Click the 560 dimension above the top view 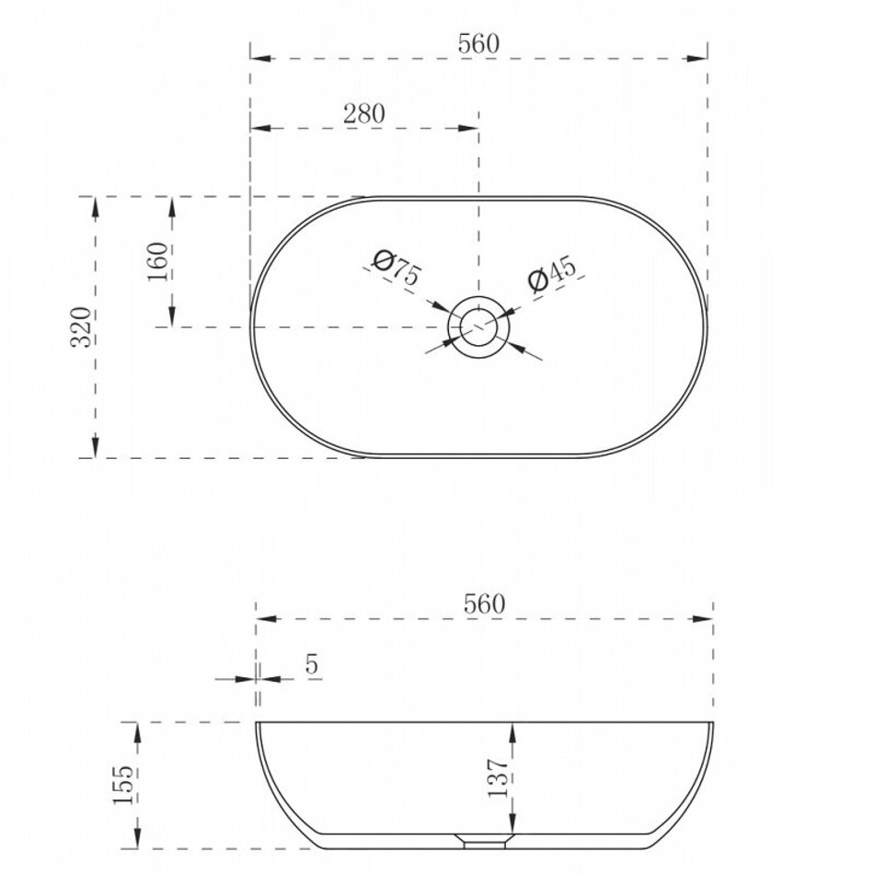click(478, 43)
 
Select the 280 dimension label click(363, 114)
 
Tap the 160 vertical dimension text click(157, 262)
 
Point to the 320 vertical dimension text click(81, 328)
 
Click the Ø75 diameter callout click(397, 268)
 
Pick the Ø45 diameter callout click(552, 273)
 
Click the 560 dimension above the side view click(484, 604)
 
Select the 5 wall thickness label click(312, 664)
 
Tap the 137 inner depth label click(498, 777)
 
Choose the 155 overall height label click(124, 785)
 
